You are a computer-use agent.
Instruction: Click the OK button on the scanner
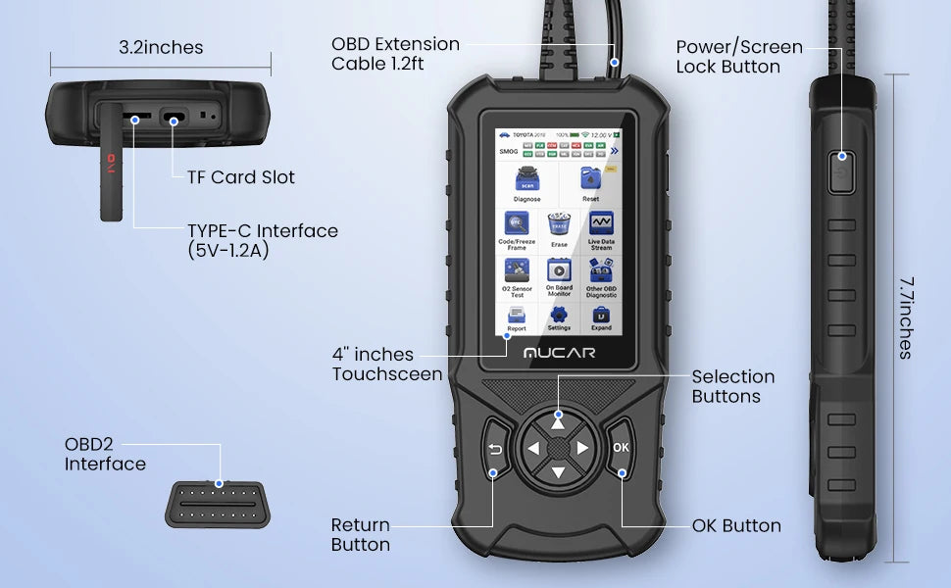click(621, 448)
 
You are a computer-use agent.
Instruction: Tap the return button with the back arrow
click(495, 450)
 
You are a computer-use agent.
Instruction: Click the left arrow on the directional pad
click(532, 449)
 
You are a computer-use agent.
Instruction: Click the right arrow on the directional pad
click(582, 449)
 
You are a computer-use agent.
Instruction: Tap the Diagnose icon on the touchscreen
click(526, 181)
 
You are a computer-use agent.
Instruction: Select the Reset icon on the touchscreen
click(590, 181)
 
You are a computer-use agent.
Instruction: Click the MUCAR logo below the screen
click(558, 351)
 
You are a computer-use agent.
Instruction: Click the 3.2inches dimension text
click(161, 47)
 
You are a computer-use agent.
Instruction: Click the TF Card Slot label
click(240, 177)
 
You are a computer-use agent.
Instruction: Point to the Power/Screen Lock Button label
click(738, 57)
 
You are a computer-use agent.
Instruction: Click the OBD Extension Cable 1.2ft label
click(395, 54)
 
